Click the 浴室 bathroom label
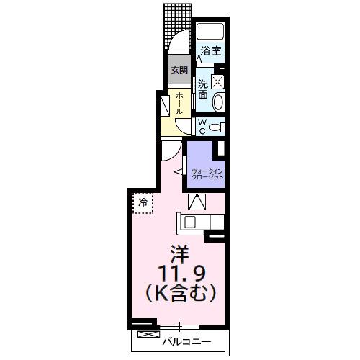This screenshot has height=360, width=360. point(210,52)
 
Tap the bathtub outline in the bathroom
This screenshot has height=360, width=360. point(210,32)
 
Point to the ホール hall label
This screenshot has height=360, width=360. point(178,105)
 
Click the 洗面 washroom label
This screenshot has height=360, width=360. point(203,89)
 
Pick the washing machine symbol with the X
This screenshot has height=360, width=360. point(218,81)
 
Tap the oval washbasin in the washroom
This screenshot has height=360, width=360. point(219,101)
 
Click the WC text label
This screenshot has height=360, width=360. point(202,126)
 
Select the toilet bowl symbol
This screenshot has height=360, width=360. point(218,127)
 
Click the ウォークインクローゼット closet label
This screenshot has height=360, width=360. point(207,174)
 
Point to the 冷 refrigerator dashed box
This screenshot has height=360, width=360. point(143,204)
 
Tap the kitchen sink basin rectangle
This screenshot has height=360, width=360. point(192,222)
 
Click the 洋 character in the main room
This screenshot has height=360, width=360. point(179,254)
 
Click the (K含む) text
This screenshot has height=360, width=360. point(179,293)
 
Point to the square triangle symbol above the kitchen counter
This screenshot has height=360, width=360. point(197,202)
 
